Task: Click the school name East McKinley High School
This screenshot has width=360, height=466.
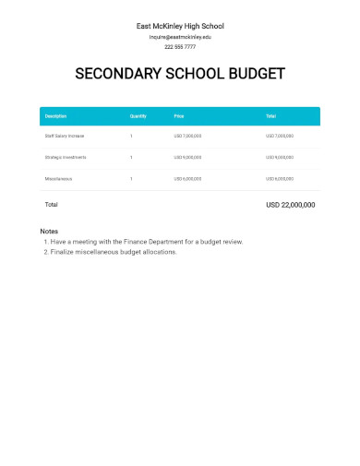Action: tap(179, 26)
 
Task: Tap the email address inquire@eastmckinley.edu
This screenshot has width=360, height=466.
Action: tap(179, 37)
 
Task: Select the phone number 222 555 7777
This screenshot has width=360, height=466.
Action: tap(179, 47)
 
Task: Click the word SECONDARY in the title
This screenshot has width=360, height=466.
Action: tap(114, 74)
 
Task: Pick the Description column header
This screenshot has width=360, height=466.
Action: tap(55, 116)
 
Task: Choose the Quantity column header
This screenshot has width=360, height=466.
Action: tap(138, 116)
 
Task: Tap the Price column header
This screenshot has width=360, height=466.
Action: tap(179, 116)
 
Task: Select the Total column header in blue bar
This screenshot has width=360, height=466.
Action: tap(271, 116)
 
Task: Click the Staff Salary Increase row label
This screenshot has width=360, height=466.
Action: tap(64, 136)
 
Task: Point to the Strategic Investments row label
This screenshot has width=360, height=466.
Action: tap(65, 157)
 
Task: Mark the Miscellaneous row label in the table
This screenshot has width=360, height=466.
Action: tap(58, 178)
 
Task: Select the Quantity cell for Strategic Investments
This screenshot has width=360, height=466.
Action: tap(131, 157)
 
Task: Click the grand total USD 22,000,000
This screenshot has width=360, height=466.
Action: tap(290, 204)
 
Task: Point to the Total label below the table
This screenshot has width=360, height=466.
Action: tap(52, 204)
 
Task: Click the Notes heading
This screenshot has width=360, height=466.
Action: tap(50, 230)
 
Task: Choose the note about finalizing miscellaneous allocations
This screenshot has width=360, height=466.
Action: tap(113, 251)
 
